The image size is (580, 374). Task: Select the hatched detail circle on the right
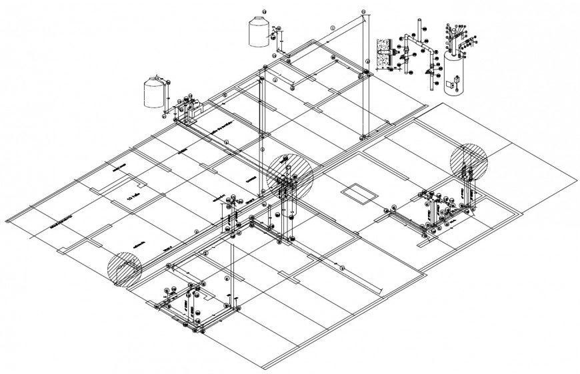click(x=469, y=161)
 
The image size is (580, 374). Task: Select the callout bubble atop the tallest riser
click(x=363, y=12)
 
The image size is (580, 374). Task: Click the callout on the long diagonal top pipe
click(x=332, y=27)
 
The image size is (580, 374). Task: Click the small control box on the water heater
click(x=453, y=84)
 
